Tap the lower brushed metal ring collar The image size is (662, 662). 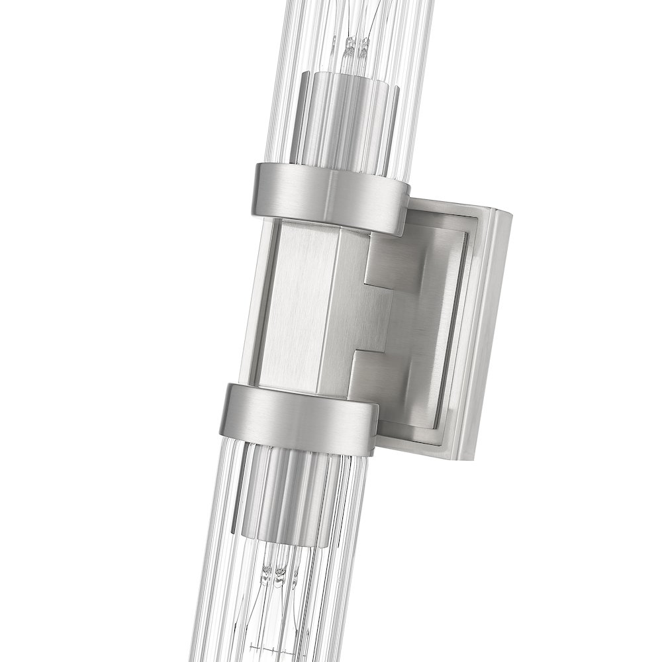click(x=298, y=414)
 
